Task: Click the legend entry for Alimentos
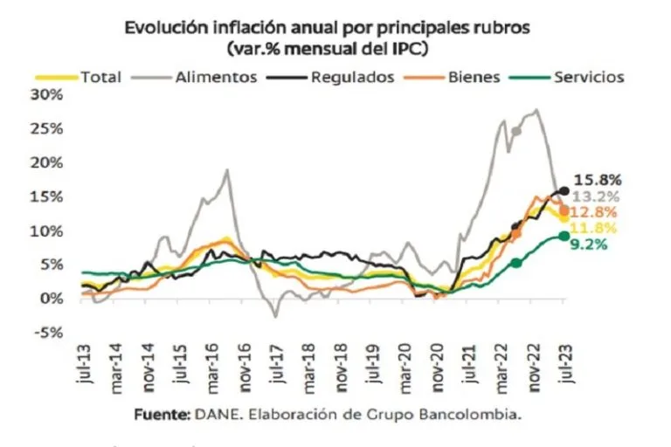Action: (215, 77)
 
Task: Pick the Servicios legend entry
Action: (589, 77)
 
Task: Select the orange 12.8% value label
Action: (596, 212)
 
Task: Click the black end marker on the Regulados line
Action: (564, 190)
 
